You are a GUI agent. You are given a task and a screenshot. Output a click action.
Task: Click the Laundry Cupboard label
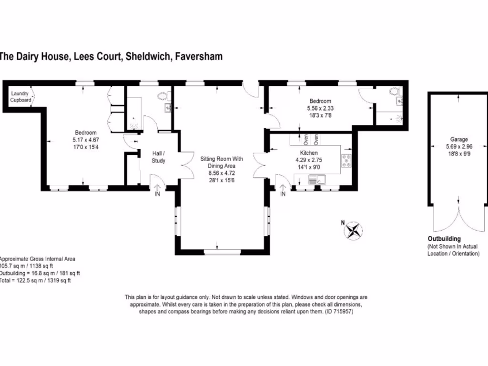pyautogui.click(x=20, y=96)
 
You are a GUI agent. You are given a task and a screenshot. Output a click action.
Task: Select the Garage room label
pyautogui.click(x=459, y=140)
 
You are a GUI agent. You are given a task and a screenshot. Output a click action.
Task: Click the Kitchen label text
pyautogui.click(x=309, y=153)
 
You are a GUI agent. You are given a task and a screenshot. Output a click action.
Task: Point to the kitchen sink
pyautogui.click(x=317, y=180)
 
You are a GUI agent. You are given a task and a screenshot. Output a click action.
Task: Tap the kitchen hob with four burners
pyautogui.click(x=346, y=161)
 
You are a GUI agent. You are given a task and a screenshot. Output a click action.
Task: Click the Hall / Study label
pyautogui.click(x=158, y=157)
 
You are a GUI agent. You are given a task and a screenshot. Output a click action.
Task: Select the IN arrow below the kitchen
pyautogui.click(x=283, y=190)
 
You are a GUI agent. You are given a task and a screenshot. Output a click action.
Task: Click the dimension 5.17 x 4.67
pyautogui.click(x=86, y=140)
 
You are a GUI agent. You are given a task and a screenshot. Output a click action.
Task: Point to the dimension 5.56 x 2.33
pyautogui.click(x=320, y=108)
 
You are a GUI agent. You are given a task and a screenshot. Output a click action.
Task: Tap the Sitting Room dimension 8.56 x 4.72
pyautogui.click(x=222, y=173)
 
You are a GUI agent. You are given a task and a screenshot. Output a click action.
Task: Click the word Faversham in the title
pyautogui.click(x=199, y=56)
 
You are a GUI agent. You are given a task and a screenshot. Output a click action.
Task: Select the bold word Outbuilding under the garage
pyautogui.click(x=444, y=239)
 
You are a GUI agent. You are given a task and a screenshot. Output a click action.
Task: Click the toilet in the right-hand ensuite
pyautogui.click(x=394, y=91)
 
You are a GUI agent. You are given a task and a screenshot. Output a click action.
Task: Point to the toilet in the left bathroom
pyautogui.click(x=163, y=96)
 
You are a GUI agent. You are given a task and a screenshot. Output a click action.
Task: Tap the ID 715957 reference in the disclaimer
pyautogui.click(x=339, y=312)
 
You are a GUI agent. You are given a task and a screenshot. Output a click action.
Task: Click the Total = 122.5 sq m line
pyautogui.click(x=35, y=280)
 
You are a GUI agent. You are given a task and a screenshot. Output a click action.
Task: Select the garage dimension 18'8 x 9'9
pyautogui.click(x=459, y=154)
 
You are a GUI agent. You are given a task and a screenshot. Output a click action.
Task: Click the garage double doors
pyautogui.click(x=459, y=218)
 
